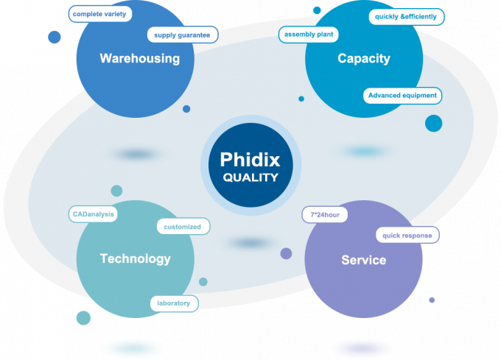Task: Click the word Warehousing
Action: [x=140, y=58]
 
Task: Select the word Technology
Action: [x=135, y=258]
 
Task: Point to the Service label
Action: [x=363, y=260]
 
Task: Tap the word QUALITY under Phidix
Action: [x=251, y=177]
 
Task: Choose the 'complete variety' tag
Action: [x=100, y=14]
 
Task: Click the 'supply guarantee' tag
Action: [x=182, y=35]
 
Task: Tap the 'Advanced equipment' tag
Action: [x=402, y=95]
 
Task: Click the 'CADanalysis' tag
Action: [x=93, y=214]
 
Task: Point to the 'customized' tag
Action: [x=183, y=227]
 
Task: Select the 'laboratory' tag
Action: [x=174, y=303]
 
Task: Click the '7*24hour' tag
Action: [x=324, y=214]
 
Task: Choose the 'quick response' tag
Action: [x=407, y=236]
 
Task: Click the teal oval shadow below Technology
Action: [x=133, y=348]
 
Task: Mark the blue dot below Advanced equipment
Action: [x=433, y=123]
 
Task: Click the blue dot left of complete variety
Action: [x=54, y=37]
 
